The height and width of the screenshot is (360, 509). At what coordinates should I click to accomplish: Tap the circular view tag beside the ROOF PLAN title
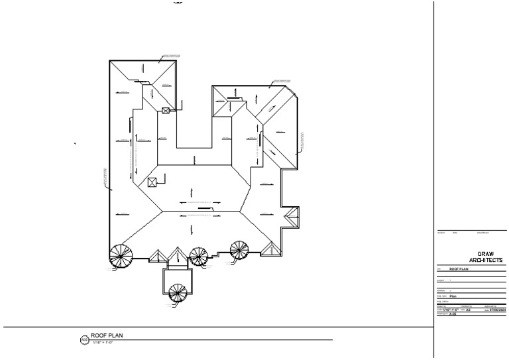coord(84,340)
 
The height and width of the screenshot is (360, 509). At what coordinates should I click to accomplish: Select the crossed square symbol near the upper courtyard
coord(166,112)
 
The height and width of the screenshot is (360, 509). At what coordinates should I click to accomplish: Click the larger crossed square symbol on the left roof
coord(152,182)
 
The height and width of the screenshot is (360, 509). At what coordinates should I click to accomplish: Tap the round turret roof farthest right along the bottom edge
coord(240,251)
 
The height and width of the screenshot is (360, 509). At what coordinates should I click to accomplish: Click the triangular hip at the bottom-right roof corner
coord(270,249)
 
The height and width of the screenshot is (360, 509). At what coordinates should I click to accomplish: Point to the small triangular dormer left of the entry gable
coord(159,257)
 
